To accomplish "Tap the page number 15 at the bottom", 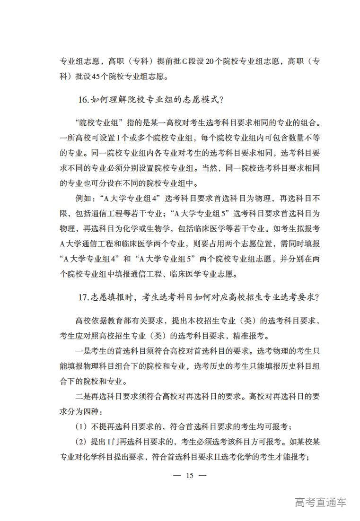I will [190, 475].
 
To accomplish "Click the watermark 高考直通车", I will [320, 502].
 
